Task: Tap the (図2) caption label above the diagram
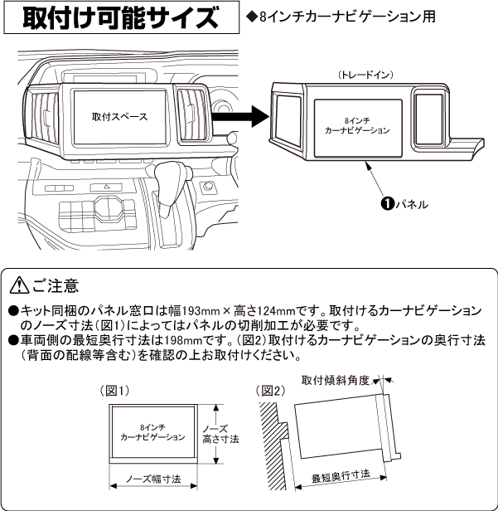click(x=273, y=389)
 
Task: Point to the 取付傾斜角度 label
click(x=335, y=380)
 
